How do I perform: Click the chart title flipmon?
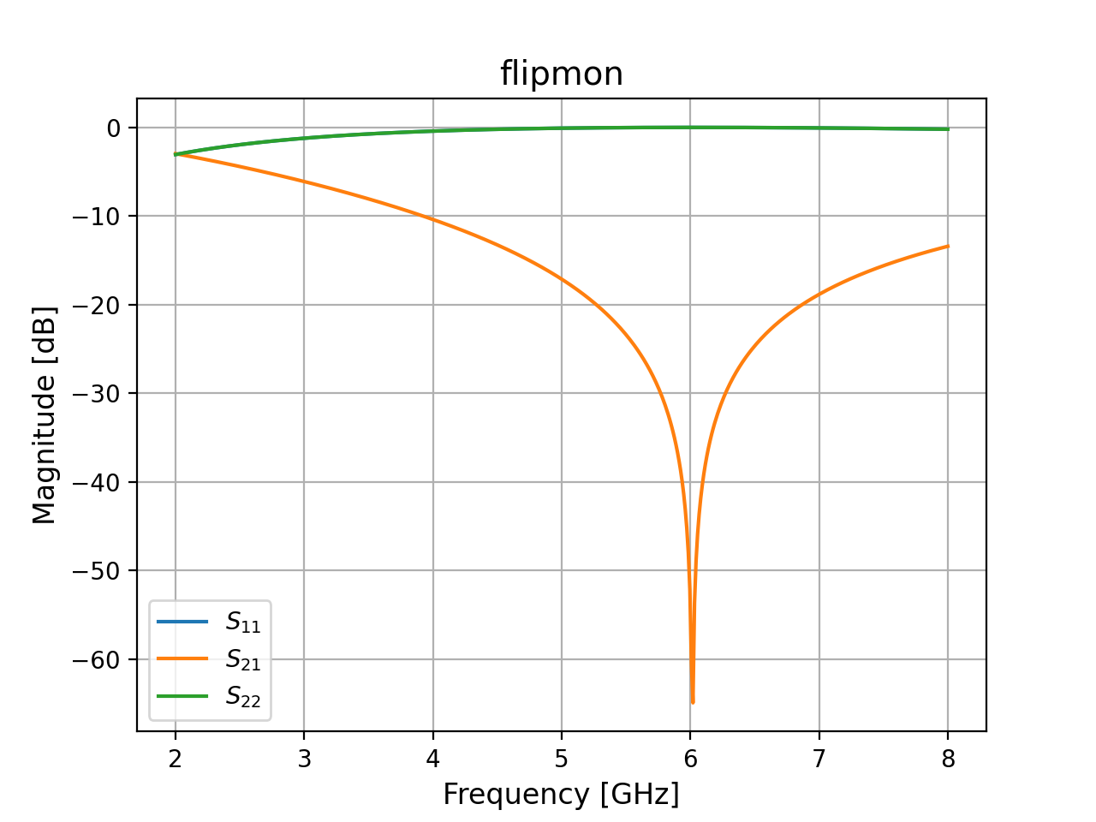coord(562,74)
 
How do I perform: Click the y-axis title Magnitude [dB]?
coord(45,414)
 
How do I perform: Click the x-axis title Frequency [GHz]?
coord(561,794)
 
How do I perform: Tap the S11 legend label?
coord(243,622)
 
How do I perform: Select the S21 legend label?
coord(243,659)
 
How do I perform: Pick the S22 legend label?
coord(243,697)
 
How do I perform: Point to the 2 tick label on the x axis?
coord(176,759)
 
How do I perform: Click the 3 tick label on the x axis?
coord(304,759)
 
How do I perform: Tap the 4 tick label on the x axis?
coord(433,759)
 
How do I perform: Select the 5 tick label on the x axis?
coord(562,759)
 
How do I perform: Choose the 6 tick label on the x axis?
coord(690,759)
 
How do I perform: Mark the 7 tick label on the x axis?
coord(819,759)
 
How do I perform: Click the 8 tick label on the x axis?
coord(948,759)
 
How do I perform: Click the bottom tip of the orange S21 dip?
coord(693,703)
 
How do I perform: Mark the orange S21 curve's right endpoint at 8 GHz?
coord(948,246)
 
